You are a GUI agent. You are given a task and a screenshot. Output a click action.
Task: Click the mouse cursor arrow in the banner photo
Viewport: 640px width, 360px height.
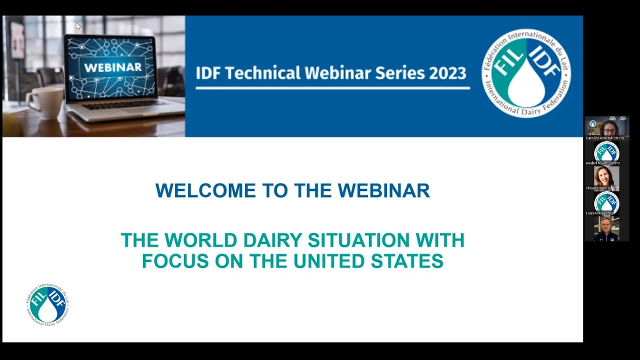78,26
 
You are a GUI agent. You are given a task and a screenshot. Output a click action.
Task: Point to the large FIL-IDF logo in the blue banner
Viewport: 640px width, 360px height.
526,73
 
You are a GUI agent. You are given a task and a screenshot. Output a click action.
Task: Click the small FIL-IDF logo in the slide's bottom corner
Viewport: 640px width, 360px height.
48,304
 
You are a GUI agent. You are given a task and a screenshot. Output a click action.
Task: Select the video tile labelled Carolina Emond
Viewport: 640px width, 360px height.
607,128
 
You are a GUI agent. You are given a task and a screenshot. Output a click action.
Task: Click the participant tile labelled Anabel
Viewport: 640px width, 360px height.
607,152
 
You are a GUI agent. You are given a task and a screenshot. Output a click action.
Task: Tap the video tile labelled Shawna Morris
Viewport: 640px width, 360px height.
607,178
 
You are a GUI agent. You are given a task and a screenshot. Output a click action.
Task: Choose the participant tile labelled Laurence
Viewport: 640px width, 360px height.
607,203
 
